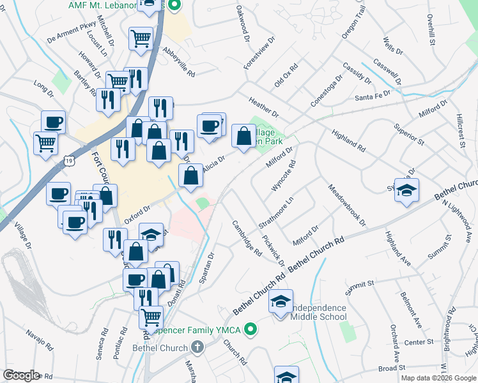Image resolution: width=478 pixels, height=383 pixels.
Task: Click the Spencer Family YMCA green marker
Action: [251, 331]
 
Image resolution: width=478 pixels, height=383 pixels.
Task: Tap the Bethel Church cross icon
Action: [197, 348]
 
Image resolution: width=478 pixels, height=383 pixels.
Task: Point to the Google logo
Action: [21, 375]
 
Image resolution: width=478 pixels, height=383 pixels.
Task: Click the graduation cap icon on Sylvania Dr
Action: [406, 190]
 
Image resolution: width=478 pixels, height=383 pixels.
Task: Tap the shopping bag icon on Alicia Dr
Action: [190, 174]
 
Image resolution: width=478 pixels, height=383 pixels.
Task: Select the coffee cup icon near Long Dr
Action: [53, 121]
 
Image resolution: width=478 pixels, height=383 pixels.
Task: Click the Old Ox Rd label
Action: [286, 75]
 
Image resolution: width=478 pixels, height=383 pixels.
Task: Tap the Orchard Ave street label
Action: [395, 343]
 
